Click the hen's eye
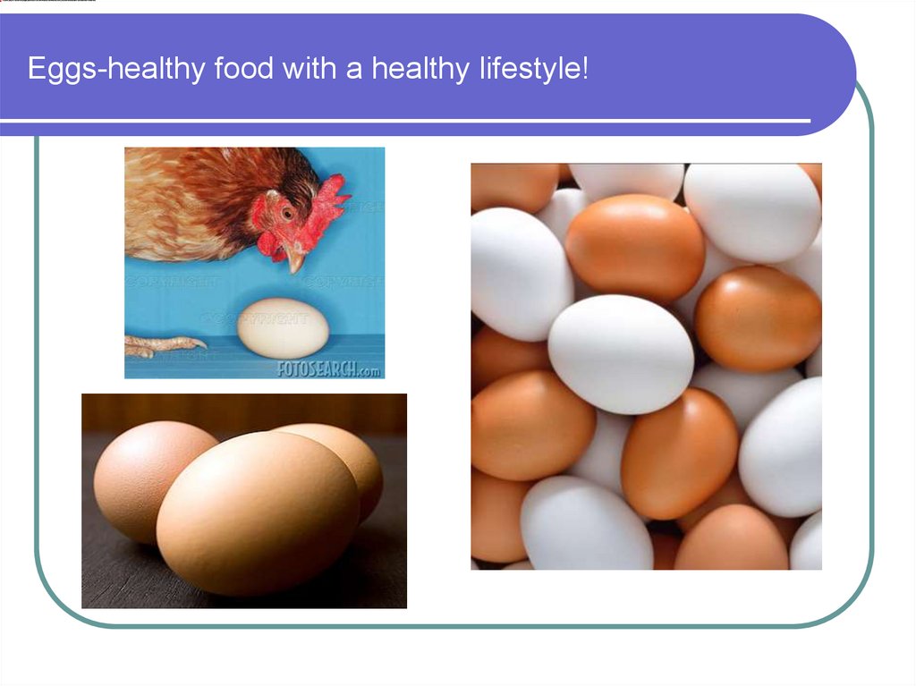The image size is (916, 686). coord(287,214)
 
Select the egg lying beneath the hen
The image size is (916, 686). coord(283,327)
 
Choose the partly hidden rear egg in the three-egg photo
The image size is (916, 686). coord(353,461)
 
